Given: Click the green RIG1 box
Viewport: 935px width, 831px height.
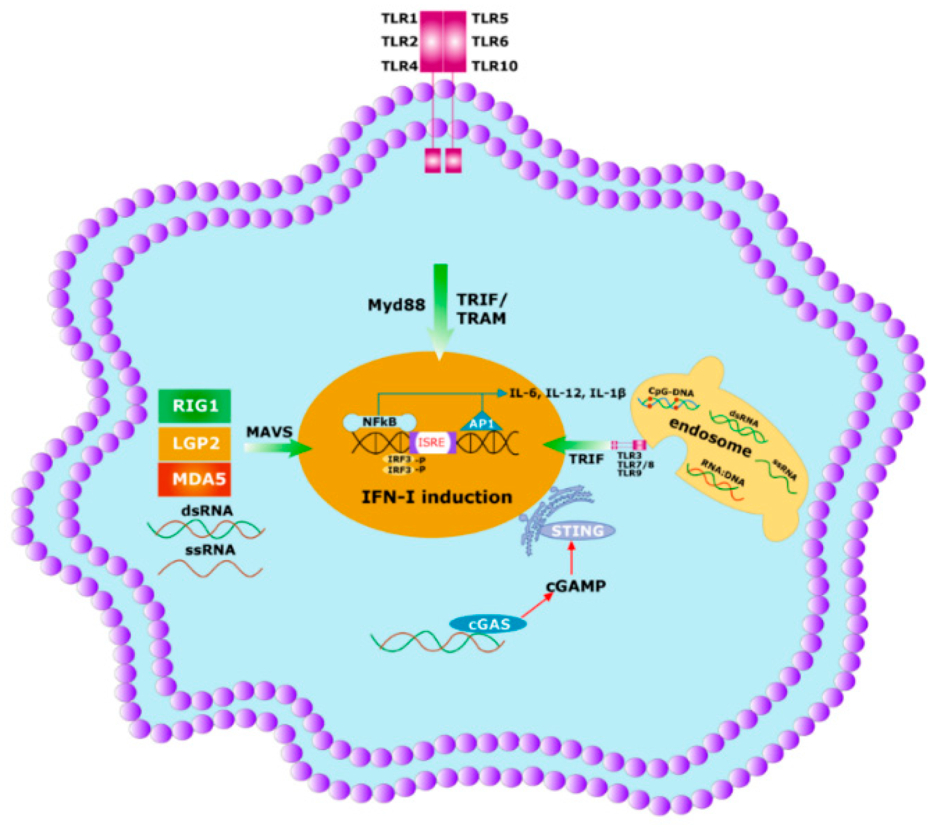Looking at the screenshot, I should [x=194, y=406].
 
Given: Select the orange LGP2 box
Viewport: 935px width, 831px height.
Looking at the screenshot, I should [x=194, y=443].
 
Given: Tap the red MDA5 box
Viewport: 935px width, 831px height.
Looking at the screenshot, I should [x=194, y=479].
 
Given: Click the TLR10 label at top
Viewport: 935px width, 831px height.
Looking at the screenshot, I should [x=494, y=66].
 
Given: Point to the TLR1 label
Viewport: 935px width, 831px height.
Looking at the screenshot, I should [x=400, y=19].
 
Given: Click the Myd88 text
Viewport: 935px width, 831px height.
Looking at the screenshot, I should [x=396, y=305].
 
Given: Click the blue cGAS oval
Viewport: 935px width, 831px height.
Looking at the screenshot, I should [x=488, y=624].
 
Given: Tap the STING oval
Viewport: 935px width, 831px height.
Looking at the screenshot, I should [x=578, y=531].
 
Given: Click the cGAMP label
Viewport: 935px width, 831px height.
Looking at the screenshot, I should [x=576, y=586].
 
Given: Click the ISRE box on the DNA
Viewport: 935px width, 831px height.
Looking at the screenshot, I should [x=432, y=442].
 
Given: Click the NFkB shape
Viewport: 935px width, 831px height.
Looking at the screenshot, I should [x=380, y=422].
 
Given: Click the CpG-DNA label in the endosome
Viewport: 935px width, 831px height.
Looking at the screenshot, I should [x=670, y=392].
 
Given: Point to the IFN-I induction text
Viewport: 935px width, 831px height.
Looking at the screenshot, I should [x=437, y=497].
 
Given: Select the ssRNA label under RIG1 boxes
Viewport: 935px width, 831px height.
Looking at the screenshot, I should [x=210, y=550].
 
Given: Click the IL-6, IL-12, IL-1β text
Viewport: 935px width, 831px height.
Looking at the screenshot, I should [x=567, y=393].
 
